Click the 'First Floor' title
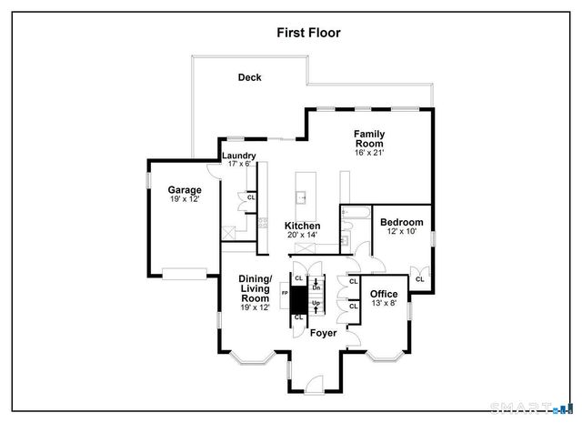[x=309, y=32]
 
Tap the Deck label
[x=250, y=78]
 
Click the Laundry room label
[x=239, y=156]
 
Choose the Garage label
[x=184, y=190]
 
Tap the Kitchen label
[x=302, y=226]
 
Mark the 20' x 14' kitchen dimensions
[x=302, y=236]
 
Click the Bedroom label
[x=401, y=223]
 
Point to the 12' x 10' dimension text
[x=401, y=233]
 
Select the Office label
[x=384, y=294]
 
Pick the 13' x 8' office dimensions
[x=384, y=304]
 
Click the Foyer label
[x=324, y=333]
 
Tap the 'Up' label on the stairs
[x=316, y=303]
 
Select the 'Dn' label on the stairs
[x=316, y=286]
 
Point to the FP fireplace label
[x=285, y=295]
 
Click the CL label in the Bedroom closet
[x=419, y=279]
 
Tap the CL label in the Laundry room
[x=251, y=197]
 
